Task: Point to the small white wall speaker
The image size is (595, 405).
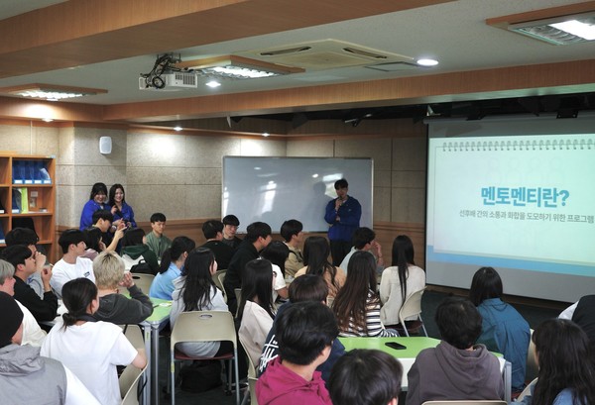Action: click(x=105, y=145)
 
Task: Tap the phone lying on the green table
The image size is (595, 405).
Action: click(x=395, y=346)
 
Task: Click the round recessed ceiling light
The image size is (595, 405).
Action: click(x=426, y=62)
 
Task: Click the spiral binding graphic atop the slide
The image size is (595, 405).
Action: click(x=511, y=145)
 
